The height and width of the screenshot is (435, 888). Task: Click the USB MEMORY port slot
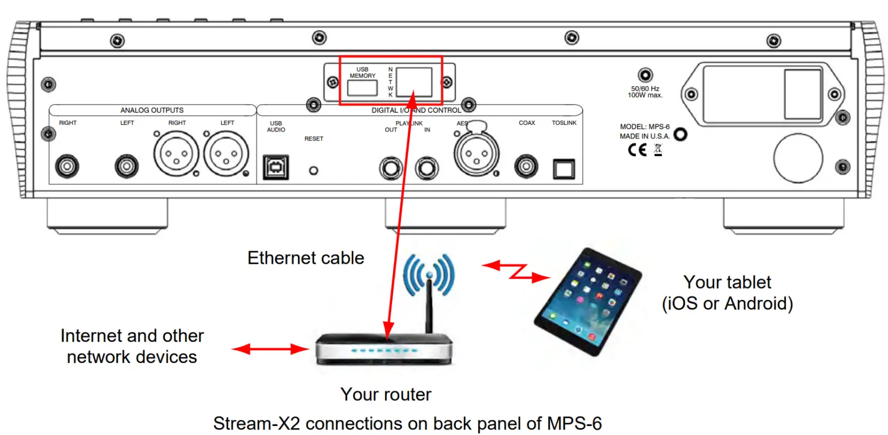[x=362, y=87]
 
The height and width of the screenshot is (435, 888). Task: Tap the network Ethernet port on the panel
[x=414, y=82]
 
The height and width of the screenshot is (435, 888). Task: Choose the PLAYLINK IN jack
[x=427, y=168]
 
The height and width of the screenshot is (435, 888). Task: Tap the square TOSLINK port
[x=564, y=167]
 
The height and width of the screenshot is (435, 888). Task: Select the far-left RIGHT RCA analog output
[x=68, y=167]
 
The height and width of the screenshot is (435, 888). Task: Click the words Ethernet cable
[x=306, y=258]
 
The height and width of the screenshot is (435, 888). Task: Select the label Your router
[x=386, y=394]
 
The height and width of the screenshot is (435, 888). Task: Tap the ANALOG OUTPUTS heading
[x=152, y=110]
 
